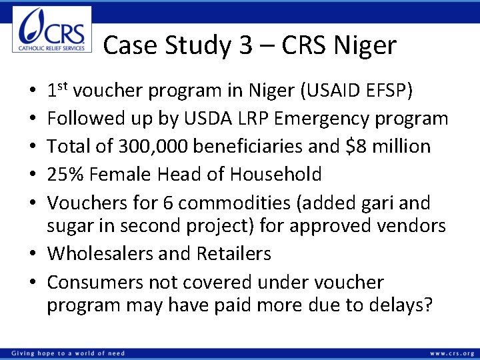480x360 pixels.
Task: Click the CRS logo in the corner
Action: pyautogui.click(x=51, y=29)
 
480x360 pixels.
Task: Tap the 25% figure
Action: pyautogui.click(x=65, y=174)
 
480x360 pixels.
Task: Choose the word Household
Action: pyautogui.click(x=276, y=174)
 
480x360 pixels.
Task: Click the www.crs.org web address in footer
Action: pyautogui.click(x=453, y=353)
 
